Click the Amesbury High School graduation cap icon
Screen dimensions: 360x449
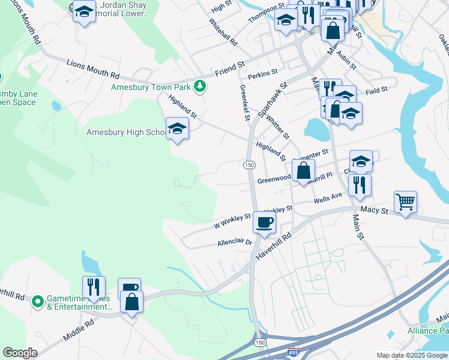tap(177, 128)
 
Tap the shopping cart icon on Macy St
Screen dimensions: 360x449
tap(406, 202)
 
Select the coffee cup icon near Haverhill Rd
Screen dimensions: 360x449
tap(264, 223)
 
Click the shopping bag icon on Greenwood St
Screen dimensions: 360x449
tap(304, 170)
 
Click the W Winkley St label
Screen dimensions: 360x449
tap(232, 221)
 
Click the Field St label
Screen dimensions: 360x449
tap(376, 89)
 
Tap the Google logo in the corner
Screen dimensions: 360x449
tap(20, 353)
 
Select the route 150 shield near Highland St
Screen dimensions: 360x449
tap(249, 164)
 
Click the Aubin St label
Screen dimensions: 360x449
tap(346, 58)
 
